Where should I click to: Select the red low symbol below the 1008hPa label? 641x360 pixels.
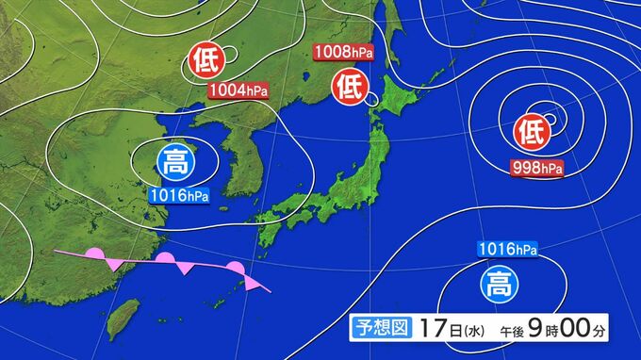pyautogui.click(x=349, y=90)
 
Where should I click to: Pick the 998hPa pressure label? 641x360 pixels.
pyautogui.click(x=537, y=169)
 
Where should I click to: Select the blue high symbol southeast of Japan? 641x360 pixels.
pyautogui.click(x=497, y=283)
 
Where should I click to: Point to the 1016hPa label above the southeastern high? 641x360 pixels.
pyautogui.click(x=508, y=250)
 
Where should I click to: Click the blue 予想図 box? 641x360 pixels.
pyautogui.click(x=381, y=329)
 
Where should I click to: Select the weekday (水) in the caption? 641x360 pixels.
pyautogui.click(x=473, y=330)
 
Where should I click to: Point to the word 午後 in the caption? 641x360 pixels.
pyautogui.click(x=509, y=331)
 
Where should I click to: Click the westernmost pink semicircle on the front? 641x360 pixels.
pyautogui.click(x=95, y=254)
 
